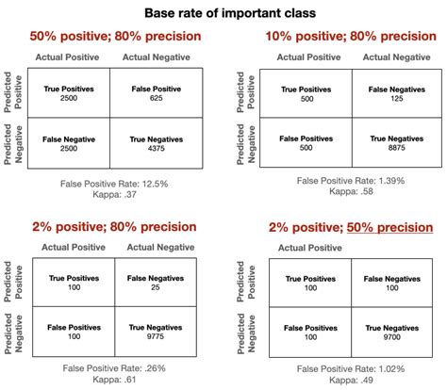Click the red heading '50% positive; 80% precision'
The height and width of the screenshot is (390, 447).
point(115,37)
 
